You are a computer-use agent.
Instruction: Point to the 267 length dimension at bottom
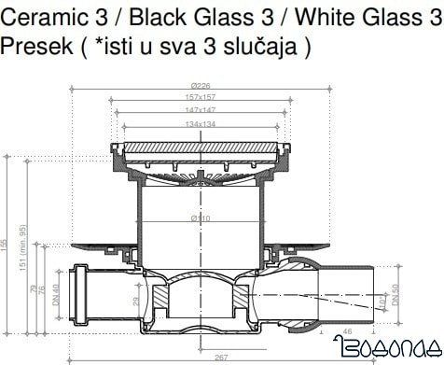click(220, 356)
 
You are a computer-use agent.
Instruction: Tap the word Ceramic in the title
click(38, 16)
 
